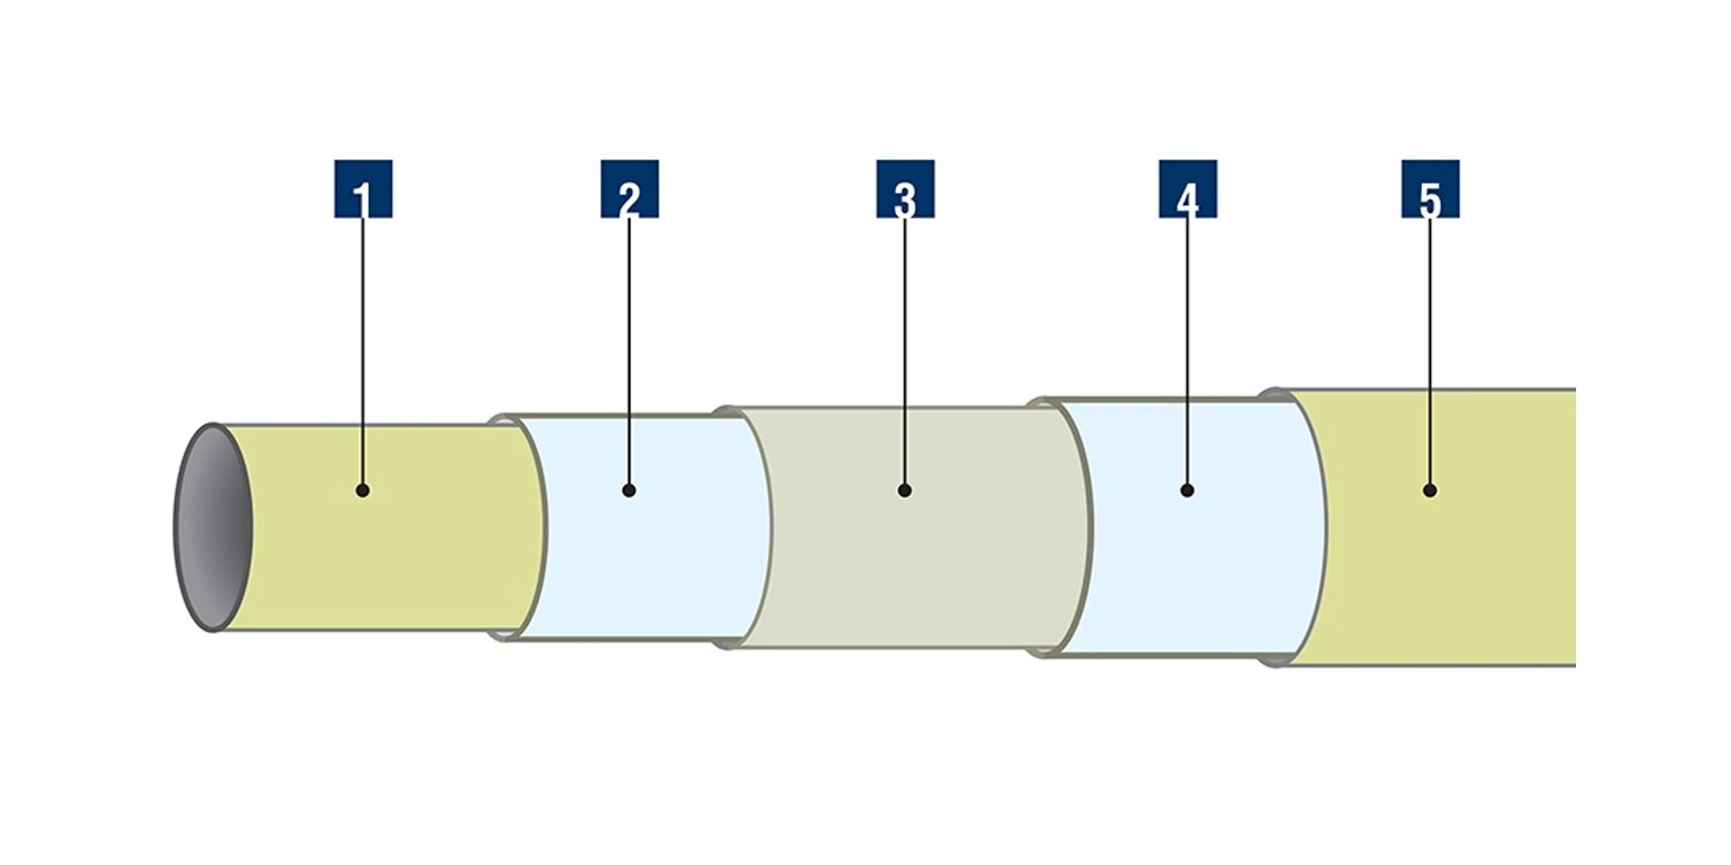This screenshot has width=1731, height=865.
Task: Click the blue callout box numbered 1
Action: [363, 189]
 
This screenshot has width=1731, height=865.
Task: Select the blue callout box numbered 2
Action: [629, 189]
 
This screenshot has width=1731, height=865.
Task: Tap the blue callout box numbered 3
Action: [904, 189]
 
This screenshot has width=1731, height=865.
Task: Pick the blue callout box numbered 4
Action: [1187, 189]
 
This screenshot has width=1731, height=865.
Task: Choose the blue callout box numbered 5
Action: [1430, 189]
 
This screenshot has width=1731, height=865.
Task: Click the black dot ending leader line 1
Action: [363, 490]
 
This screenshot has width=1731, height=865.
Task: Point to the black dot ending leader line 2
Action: [629, 490]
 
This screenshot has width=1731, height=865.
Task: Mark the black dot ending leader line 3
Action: [904, 490]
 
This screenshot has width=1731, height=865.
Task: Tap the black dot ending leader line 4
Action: [1187, 490]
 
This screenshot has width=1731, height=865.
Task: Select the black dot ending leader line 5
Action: [1430, 490]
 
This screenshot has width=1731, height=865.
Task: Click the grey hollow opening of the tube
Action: [213, 528]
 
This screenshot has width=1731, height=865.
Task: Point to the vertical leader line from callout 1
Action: [363, 346]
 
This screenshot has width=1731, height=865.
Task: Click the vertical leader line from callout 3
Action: [904, 346]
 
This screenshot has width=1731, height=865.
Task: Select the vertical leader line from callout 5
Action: [1430, 346]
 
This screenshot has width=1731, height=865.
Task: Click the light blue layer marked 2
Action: [658, 562]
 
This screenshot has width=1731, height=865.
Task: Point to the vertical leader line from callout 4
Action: [1187, 346]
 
